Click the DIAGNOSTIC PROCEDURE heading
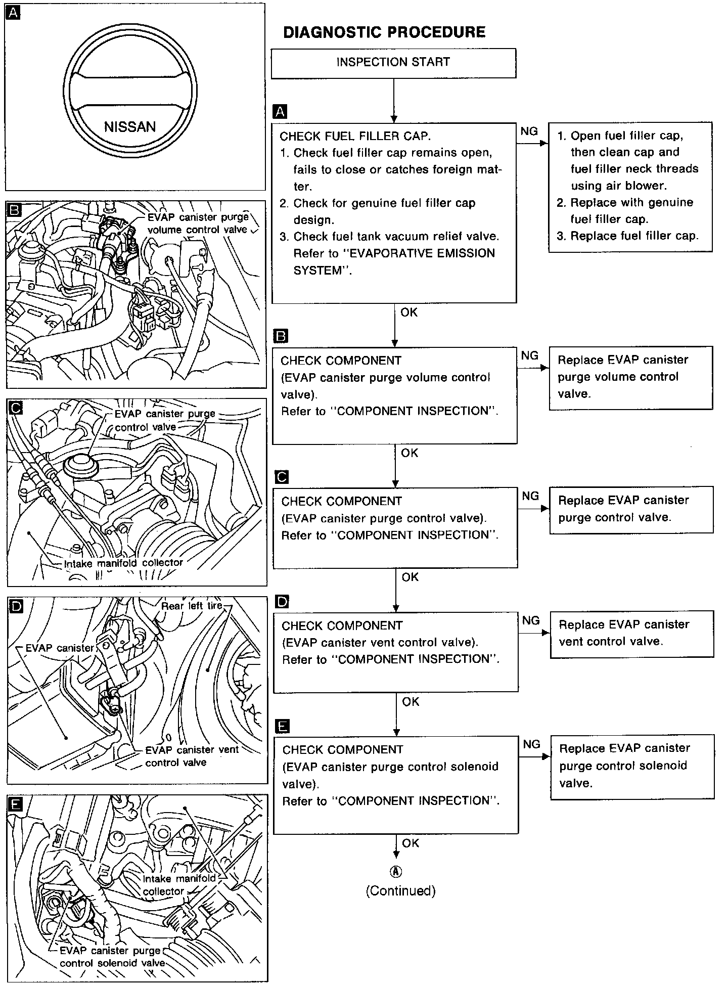point(384,32)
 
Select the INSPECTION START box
point(393,63)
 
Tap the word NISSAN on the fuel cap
point(130,126)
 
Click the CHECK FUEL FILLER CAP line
point(355,136)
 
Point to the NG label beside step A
point(529,131)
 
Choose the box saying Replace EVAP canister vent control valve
point(631,634)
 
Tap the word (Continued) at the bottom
point(400,890)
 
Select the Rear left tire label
point(192,606)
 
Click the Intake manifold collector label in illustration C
point(123,563)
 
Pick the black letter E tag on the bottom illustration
point(16,803)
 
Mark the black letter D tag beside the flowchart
point(282,602)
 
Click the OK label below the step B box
point(409,453)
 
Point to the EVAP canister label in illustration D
point(60,648)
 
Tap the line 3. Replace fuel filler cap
point(627,236)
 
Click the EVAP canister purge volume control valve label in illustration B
point(197,223)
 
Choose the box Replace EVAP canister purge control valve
point(631,509)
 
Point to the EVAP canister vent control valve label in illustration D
point(192,756)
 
